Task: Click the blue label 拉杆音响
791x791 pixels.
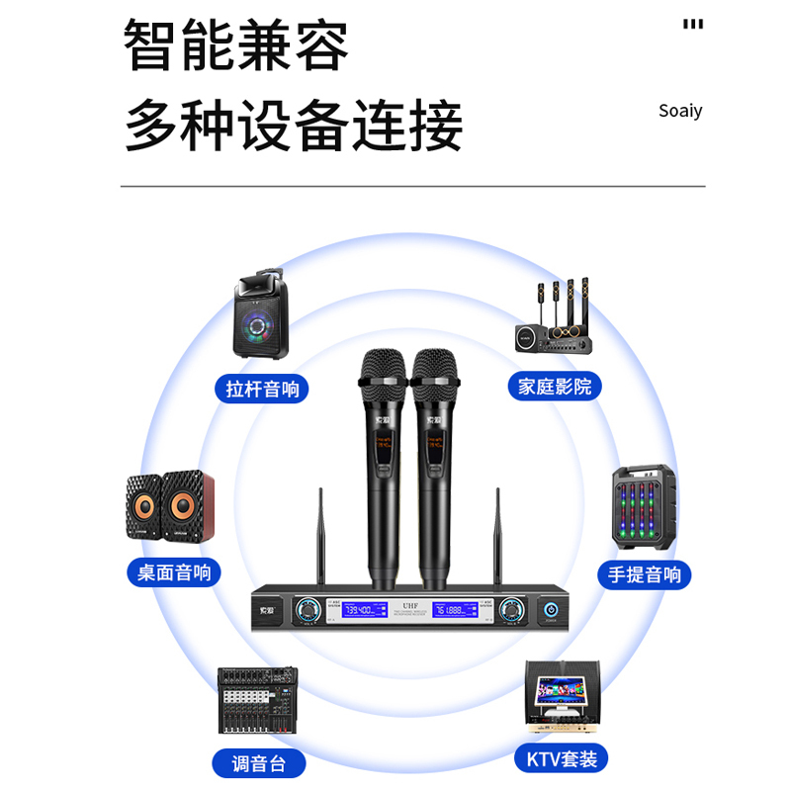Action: pyautogui.click(x=262, y=389)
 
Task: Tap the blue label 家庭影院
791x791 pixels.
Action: pyautogui.click(x=555, y=386)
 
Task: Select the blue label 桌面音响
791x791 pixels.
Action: pyautogui.click(x=174, y=571)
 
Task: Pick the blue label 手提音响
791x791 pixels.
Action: pyautogui.click(x=644, y=574)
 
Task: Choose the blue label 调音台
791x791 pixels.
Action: pyautogui.click(x=255, y=762)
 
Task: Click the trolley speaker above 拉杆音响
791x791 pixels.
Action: pyautogui.click(x=261, y=316)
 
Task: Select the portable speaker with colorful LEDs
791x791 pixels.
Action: pyautogui.click(x=644, y=508)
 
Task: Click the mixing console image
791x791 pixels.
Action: pyautogui.click(x=258, y=699)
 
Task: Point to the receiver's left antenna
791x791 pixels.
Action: pyautogui.click(x=320, y=539)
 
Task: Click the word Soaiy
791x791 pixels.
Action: pyautogui.click(x=680, y=110)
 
